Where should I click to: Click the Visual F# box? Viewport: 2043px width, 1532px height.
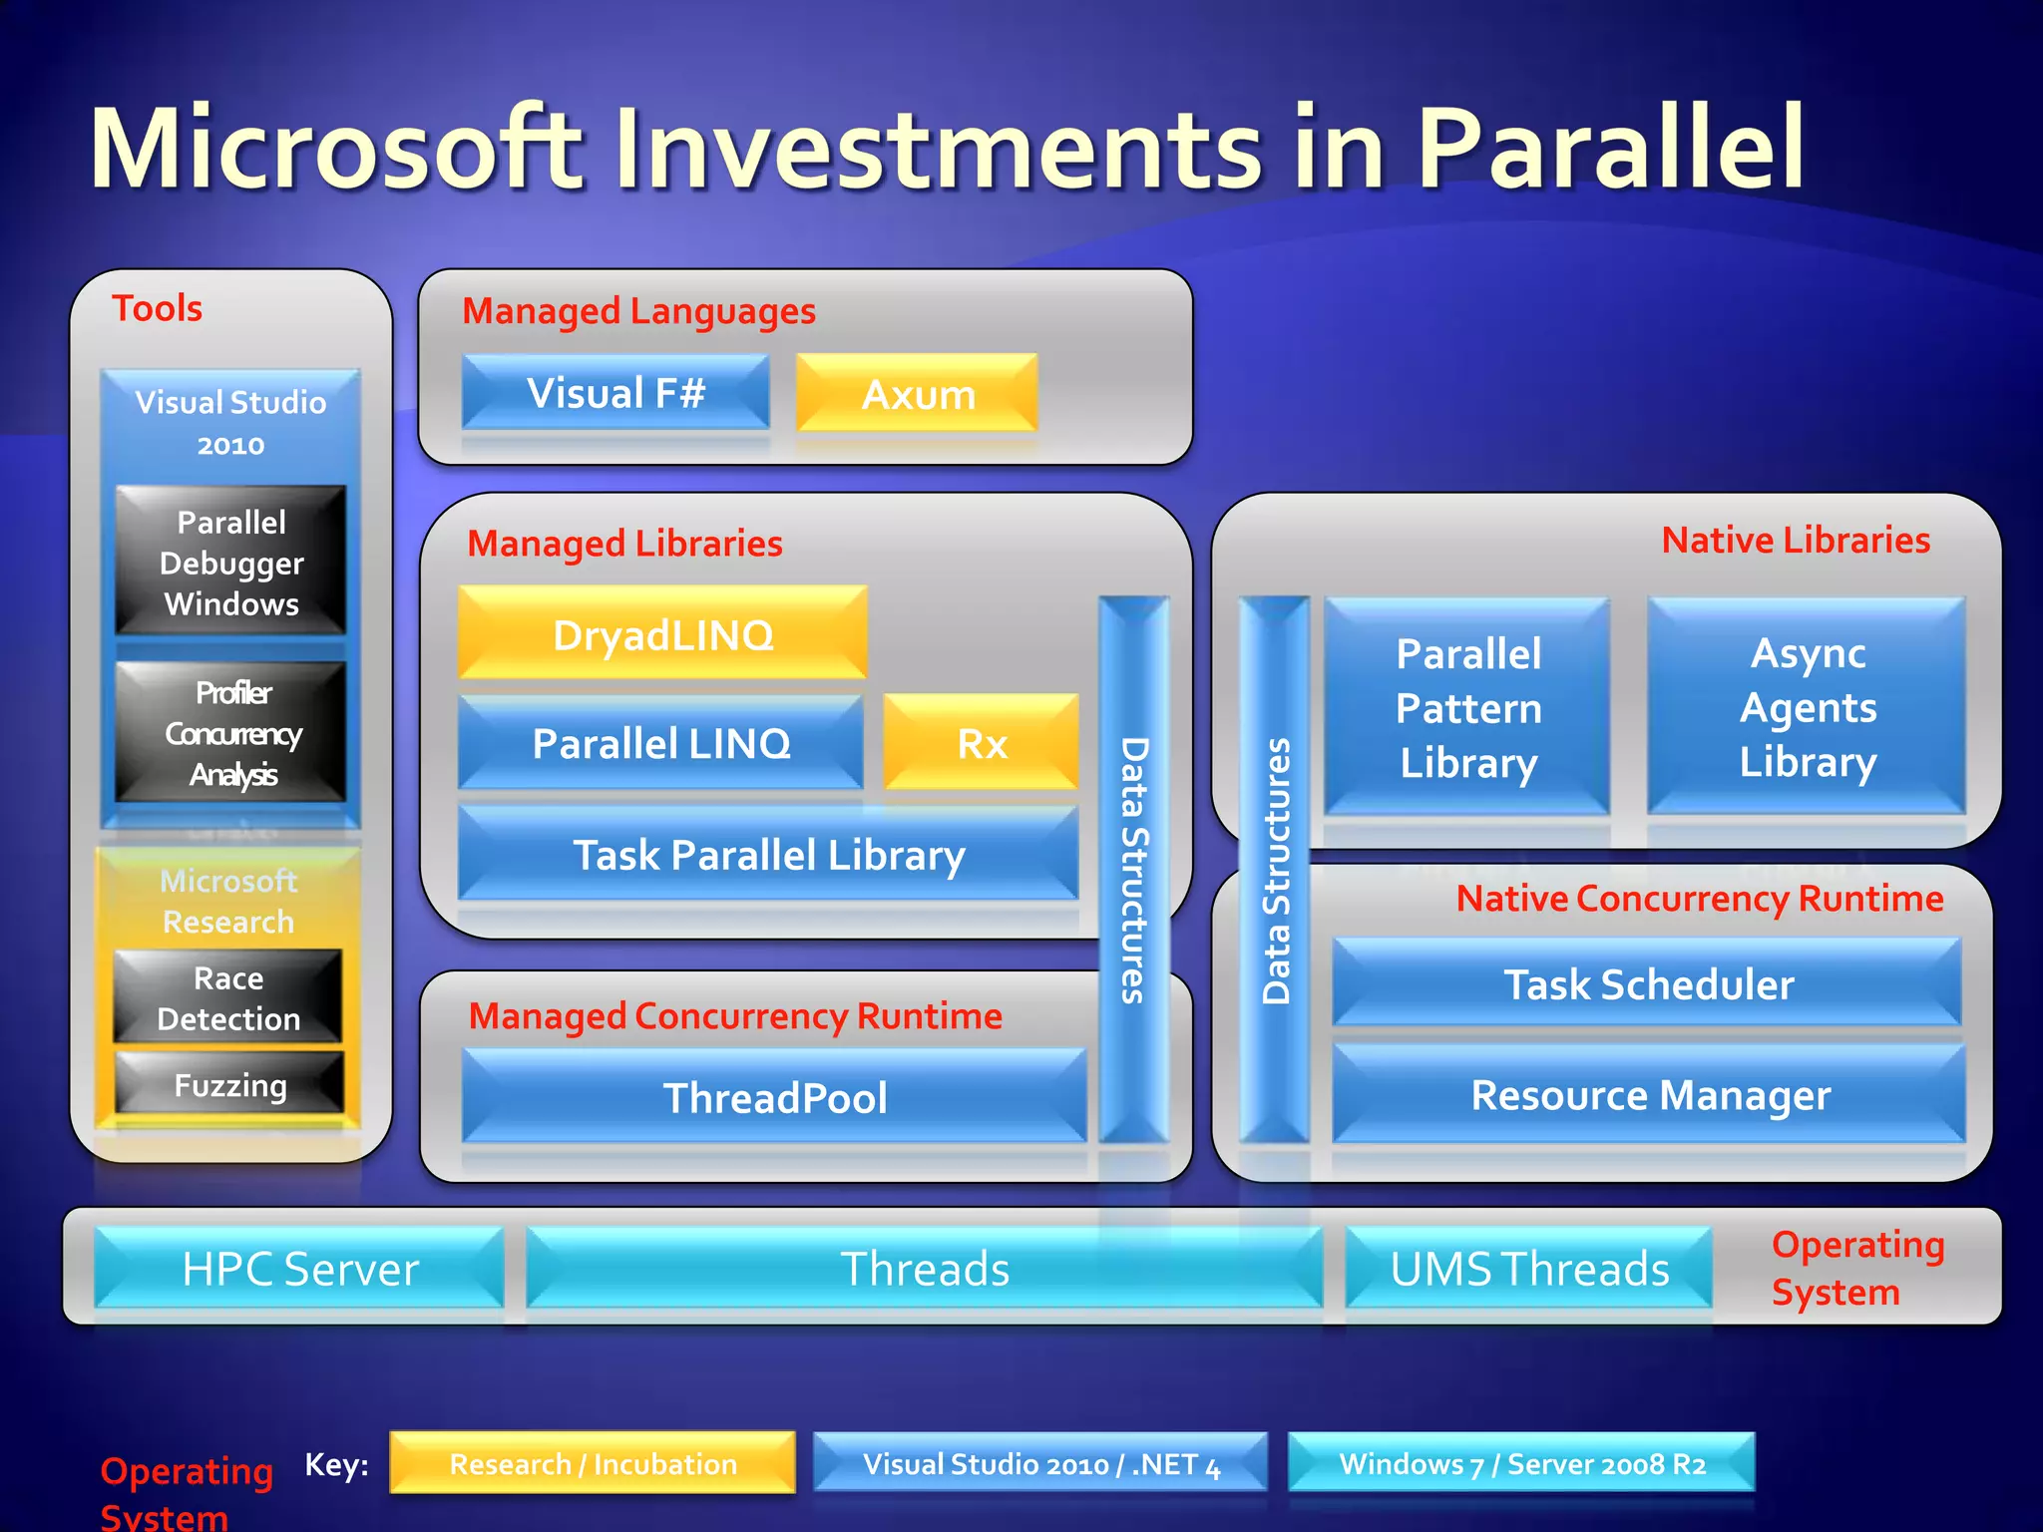coord(615,393)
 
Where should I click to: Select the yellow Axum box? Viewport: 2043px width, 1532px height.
coord(917,394)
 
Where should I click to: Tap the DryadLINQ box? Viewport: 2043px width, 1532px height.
coord(662,634)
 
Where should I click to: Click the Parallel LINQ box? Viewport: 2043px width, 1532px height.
coord(660,743)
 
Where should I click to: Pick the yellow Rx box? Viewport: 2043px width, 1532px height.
coord(982,743)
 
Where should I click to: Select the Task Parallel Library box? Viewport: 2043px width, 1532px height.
coord(768,855)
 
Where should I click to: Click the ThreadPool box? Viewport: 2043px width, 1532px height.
coord(774,1097)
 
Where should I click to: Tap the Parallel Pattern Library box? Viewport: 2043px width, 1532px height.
coord(1467,707)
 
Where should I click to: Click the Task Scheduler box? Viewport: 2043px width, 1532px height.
coord(1647,983)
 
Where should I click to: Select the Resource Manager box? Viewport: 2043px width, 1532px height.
coord(1649,1094)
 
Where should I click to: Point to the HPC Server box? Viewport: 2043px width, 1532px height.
coord(299,1268)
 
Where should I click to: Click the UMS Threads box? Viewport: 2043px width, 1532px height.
coord(1528,1268)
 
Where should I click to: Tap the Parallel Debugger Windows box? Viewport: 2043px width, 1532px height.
coord(230,562)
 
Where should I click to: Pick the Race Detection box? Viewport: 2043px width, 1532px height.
coord(228,997)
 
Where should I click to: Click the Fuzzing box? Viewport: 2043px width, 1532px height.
coord(229,1084)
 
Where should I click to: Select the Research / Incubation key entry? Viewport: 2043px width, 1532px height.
coord(593,1463)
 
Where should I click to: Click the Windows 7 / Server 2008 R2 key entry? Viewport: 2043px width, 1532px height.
coord(1521,1463)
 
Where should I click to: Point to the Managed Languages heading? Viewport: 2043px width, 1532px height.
coord(638,311)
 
